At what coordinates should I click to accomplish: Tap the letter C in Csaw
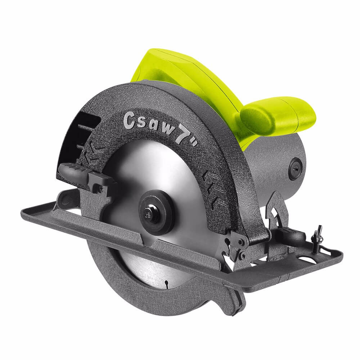pos(129,120)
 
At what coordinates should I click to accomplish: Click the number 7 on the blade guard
pos(180,136)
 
